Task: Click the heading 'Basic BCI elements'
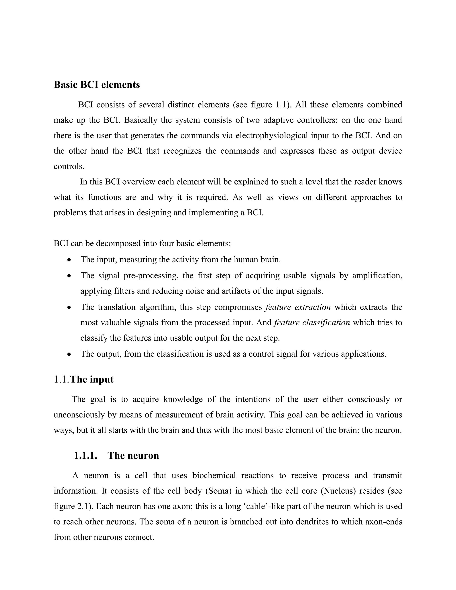click(x=97, y=85)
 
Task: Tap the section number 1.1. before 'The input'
click(x=62, y=380)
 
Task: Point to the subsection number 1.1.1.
click(x=85, y=456)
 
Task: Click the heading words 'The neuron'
click(x=133, y=456)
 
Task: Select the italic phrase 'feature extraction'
click(x=298, y=307)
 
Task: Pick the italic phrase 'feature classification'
click(x=312, y=323)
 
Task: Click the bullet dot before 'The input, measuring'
click(x=69, y=260)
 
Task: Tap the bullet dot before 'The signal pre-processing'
click(x=69, y=276)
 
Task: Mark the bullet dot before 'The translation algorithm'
click(x=69, y=308)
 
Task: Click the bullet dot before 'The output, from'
click(x=69, y=354)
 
